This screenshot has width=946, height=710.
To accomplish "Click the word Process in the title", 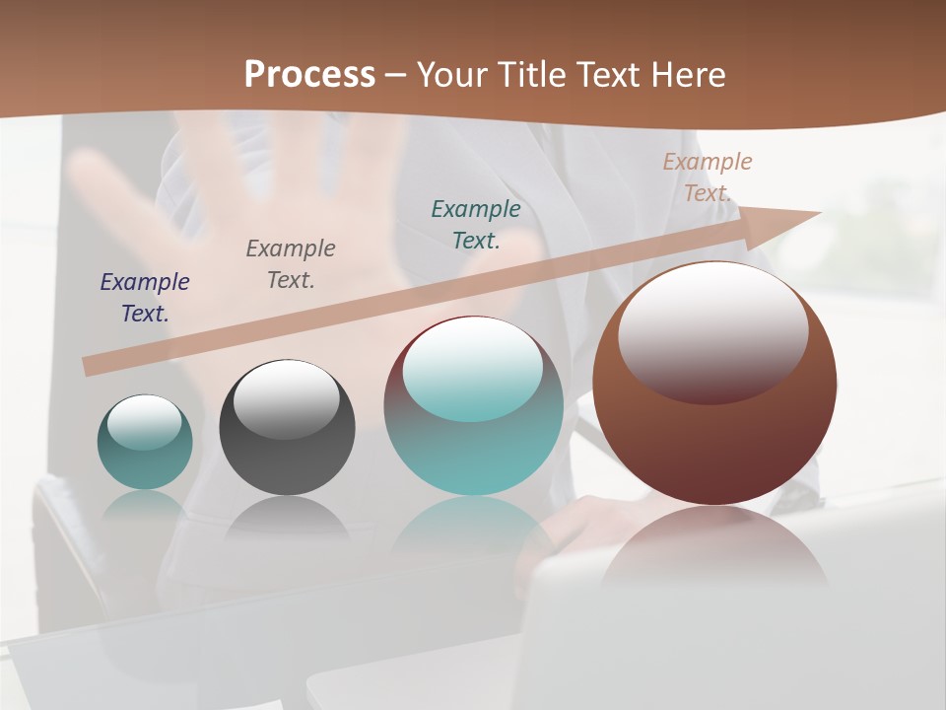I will pos(309,75).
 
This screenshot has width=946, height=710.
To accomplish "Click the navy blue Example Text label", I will pos(145,297).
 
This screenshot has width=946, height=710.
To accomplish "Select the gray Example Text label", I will pos(291,263).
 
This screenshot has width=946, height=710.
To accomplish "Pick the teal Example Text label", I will pos(476,224).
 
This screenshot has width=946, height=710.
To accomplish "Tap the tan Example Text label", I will pos(708,177).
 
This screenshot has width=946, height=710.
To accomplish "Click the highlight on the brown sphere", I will pos(712,330).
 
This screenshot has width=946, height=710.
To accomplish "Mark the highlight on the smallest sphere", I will pos(144,422).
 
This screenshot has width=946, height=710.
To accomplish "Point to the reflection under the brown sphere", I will pos(714,547).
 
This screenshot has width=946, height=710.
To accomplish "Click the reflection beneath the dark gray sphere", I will pos(287,518).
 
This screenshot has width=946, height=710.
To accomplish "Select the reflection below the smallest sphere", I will pos(145,505).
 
